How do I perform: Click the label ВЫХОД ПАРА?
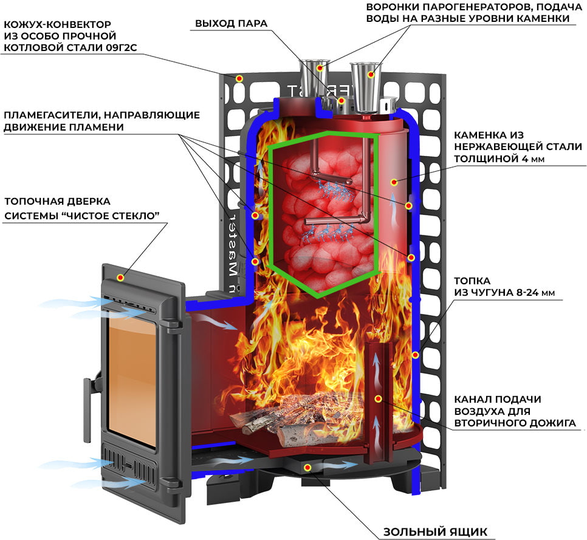(231, 24)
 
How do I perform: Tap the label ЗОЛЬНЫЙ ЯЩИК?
(435, 531)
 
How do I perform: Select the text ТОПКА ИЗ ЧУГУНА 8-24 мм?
(504, 287)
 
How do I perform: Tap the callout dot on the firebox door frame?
(120, 278)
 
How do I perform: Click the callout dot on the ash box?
(307, 467)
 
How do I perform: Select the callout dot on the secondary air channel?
(379, 399)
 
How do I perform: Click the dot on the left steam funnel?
(320, 68)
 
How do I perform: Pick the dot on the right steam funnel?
(371, 75)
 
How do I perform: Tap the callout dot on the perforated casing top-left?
(239, 78)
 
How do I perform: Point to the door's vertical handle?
(88, 410)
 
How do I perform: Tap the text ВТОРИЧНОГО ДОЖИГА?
(515, 423)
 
